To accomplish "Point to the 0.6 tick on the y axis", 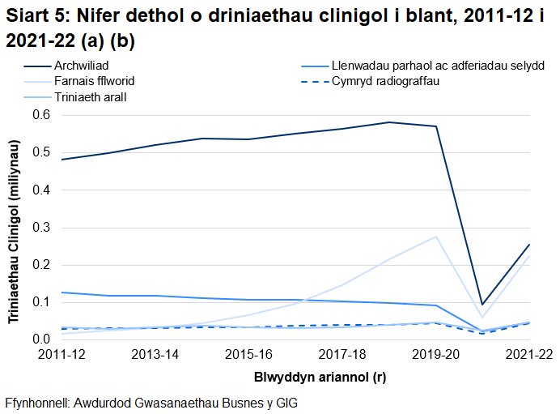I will pyautogui.click(x=40, y=115).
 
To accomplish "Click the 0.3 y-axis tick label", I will pyautogui.click(x=40, y=228).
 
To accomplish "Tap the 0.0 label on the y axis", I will pyautogui.click(x=40, y=339).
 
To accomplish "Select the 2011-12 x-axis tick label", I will pyautogui.click(x=62, y=355).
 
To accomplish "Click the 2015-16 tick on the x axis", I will pyautogui.click(x=249, y=355).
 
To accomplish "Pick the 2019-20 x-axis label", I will pyautogui.click(x=436, y=355).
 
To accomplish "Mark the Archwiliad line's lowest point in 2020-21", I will pyautogui.click(x=482, y=305).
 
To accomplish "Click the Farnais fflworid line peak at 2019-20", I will pyautogui.click(x=436, y=237).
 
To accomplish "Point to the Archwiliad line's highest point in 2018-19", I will pyautogui.click(x=389, y=122).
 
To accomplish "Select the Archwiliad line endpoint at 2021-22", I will pyautogui.click(x=529, y=245).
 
